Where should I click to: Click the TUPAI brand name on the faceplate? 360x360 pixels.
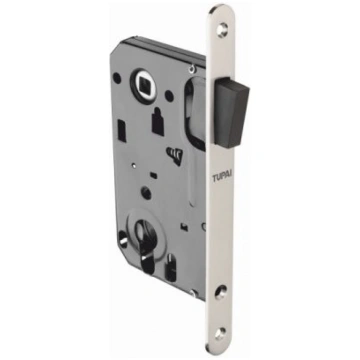point(223,177)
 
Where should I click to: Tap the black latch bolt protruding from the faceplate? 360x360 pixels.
point(232,112)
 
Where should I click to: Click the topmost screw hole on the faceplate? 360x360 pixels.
point(222,29)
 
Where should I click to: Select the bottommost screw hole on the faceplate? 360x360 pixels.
point(220,334)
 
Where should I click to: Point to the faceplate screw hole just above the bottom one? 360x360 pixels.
point(221,292)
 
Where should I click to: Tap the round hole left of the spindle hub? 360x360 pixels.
point(117,78)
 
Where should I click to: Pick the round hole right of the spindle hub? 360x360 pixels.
point(169,96)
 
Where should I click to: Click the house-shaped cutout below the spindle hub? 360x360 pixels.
point(158,122)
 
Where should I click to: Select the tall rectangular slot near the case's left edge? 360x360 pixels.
point(122,131)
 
